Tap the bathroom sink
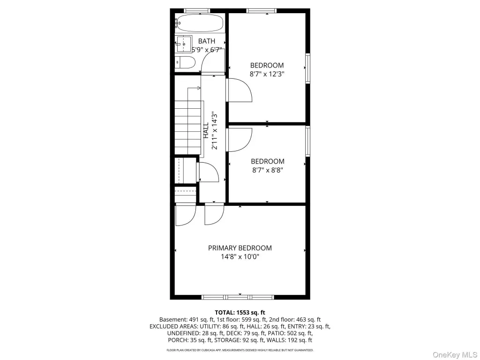184,44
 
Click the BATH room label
207,41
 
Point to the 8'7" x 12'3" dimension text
267,74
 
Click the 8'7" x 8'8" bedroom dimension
267,170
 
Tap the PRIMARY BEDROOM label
240,248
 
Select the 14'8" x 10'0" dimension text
240,256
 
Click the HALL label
206,130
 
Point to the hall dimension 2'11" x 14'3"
215,130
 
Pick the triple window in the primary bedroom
238,297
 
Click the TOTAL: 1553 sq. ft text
240,313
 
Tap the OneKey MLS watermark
455,355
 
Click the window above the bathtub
197,11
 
